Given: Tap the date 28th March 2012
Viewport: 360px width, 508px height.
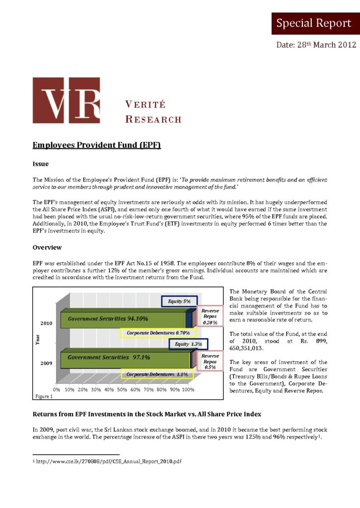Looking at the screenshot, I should point(316,45).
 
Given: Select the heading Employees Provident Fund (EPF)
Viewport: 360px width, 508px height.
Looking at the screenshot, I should point(97,145).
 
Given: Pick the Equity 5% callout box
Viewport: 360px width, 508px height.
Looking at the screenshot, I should point(179,301).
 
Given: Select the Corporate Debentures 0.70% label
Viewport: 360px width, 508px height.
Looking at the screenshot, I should point(158,332).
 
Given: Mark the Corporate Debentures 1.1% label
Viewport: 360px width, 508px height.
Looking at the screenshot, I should point(157,374).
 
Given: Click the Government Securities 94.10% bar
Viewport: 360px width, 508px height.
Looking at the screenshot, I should point(122,319).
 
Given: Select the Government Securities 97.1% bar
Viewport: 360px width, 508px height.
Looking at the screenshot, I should point(125,357).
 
